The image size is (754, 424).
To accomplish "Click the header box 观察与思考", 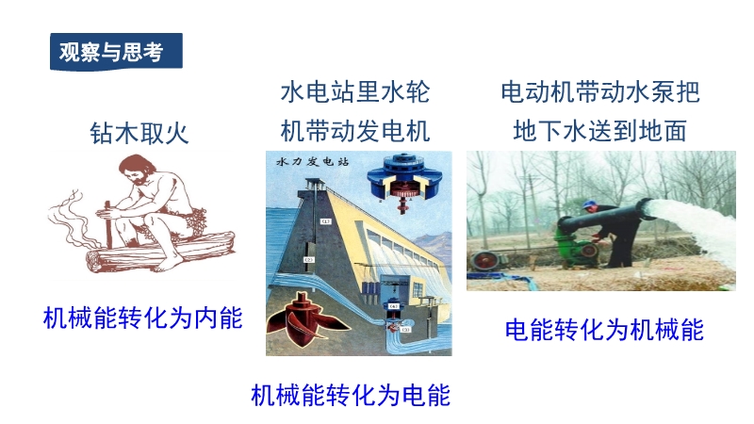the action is click(x=116, y=51).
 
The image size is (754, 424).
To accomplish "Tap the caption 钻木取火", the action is click(x=139, y=133).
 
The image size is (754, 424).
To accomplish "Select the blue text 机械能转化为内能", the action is click(x=143, y=318).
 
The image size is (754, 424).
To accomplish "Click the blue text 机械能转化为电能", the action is click(x=351, y=395).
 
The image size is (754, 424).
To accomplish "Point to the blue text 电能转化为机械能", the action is click(x=604, y=330).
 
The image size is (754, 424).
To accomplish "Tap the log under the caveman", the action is click(x=158, y=250).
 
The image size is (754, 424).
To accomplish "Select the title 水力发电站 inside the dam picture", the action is click(x=313, y=161).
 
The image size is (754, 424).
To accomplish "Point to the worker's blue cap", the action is click(x=590, y=205).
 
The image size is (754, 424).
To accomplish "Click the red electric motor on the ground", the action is click(x=485, y=260).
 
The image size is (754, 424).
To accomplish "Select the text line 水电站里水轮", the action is click(x=355, y=91).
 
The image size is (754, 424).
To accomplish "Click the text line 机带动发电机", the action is click(x=355, y=131).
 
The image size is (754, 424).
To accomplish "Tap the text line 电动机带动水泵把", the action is click(x=599, y=91).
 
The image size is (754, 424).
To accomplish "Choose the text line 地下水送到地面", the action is click(x=599, y=131).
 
